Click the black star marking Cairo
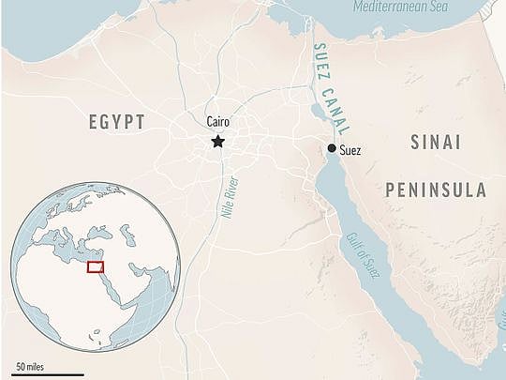217,142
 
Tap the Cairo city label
217,122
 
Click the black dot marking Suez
332,148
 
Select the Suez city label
350,150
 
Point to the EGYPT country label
117,123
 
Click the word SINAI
436,144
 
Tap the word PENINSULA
436,190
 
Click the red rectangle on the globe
96,267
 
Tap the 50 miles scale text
31,364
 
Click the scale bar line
42,372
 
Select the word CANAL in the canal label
329,109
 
